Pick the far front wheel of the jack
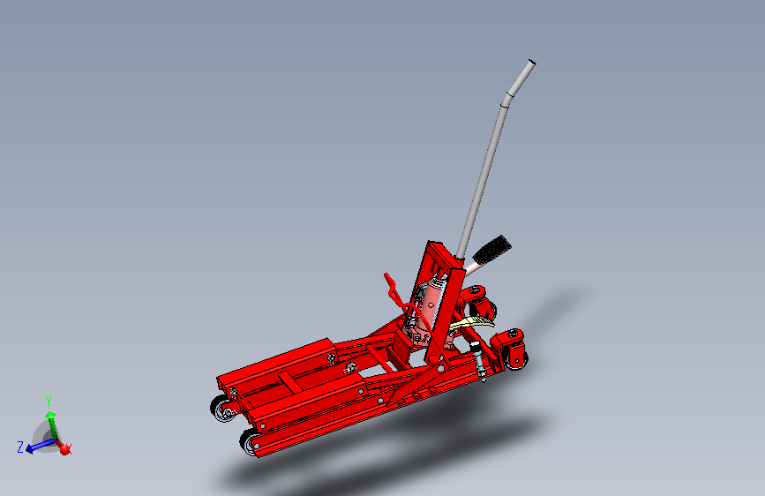click(221, 410)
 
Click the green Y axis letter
click(49, 401)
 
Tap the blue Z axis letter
click(19, 447)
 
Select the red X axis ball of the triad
click(64, 449)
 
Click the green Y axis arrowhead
click(50, 414)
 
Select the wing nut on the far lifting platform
click(331, 357)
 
